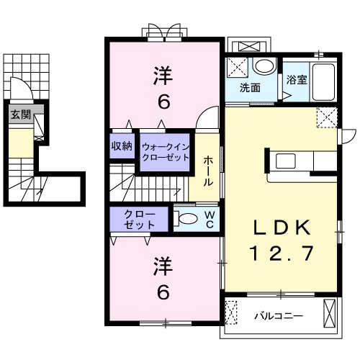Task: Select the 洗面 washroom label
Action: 250,89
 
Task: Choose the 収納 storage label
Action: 122,146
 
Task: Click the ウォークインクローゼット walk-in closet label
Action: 166,152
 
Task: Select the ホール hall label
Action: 207,171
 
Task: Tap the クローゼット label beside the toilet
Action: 140,219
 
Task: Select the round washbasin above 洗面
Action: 264,67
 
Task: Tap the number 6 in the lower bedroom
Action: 163,293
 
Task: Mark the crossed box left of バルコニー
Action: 231,314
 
